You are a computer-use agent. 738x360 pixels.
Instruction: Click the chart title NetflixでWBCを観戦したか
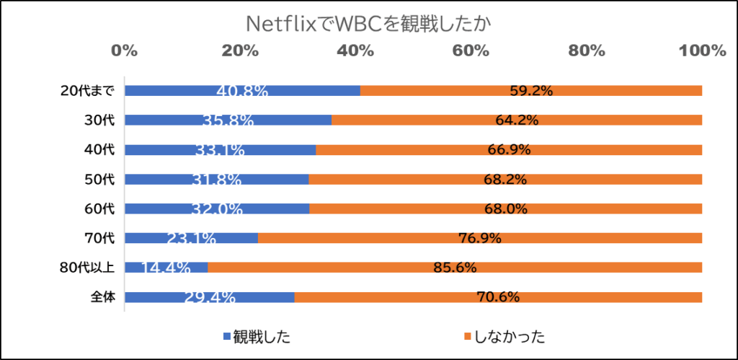click(x=368, y=24)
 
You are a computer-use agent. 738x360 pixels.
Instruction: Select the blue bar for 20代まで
click(x=180, y=91)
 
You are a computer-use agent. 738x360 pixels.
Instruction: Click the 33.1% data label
click(x=220, y=151)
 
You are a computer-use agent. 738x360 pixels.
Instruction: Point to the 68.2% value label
click(x=505, y=180)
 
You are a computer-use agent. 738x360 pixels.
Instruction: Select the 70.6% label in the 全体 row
click(x=498, y=297)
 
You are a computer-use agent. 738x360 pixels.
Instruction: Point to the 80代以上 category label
click(x=87, y=268)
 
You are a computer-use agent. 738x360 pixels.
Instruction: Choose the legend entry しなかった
click(x=509, y=336)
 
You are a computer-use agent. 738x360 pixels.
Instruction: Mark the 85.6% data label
click(x=455, y=268)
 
